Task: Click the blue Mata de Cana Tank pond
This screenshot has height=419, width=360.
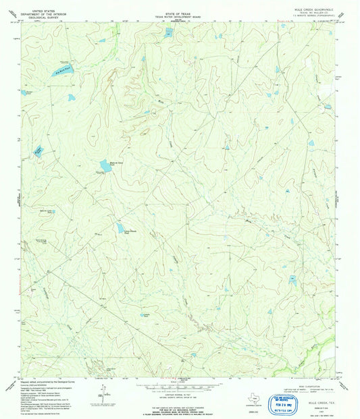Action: pyautogui.click(x=104, y=165)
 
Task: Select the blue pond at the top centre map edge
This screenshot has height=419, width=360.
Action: pyautogui.click(x=168, y=31)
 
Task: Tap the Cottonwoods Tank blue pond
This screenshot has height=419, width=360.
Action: pyautogui.click(x=120, y=229)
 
